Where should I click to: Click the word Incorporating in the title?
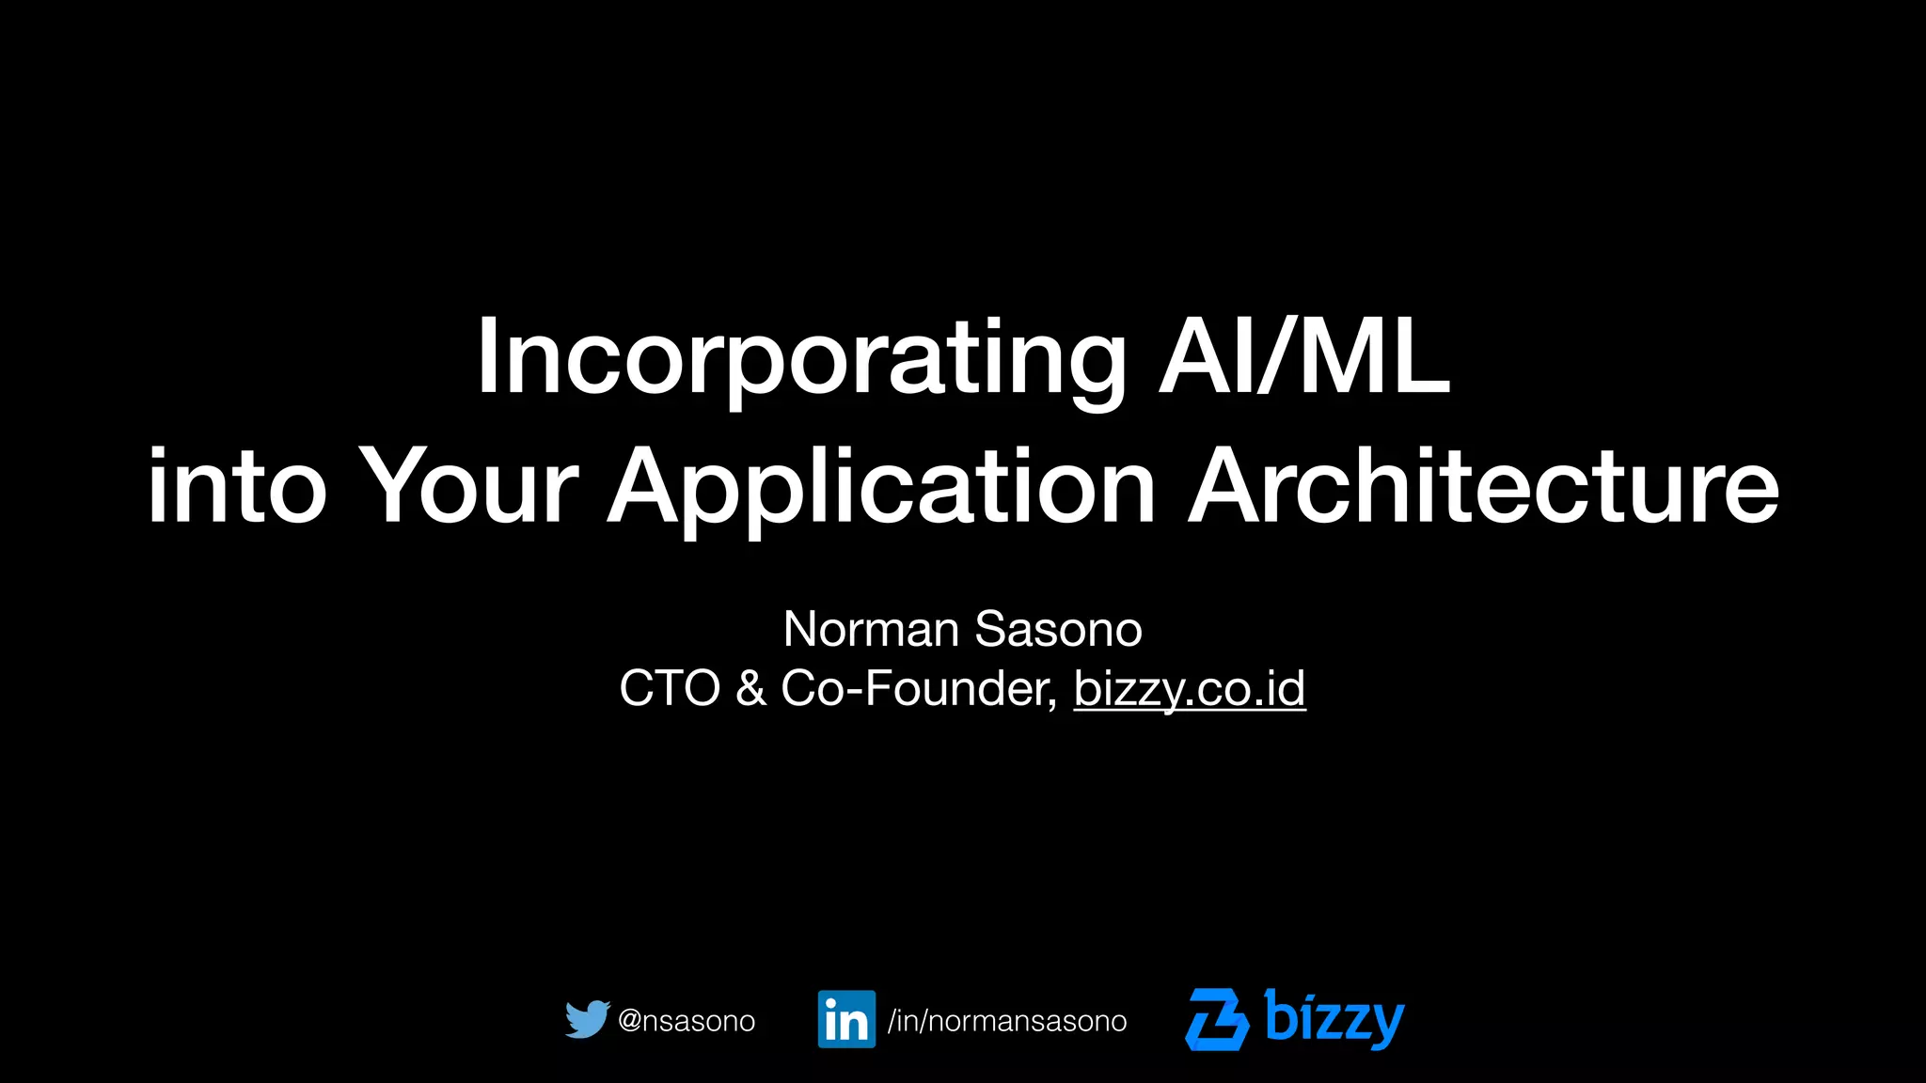pos(800,360)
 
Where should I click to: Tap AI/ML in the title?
pos(1304,357)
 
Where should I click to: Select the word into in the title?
pos(237,486)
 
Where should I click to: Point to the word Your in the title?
pos(469,486)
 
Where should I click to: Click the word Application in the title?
pos(881,488)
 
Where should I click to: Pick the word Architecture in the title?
pos(1483,486)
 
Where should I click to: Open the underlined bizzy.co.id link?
pos(1190,688)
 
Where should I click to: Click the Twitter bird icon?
pos(587,1019)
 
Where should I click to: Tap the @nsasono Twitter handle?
pos(687,1021)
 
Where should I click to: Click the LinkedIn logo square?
pos(846,1019)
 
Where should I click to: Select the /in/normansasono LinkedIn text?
pos(1007,1021)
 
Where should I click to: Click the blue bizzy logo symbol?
pos(1217,1019)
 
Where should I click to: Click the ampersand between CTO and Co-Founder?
pos(750,688)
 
